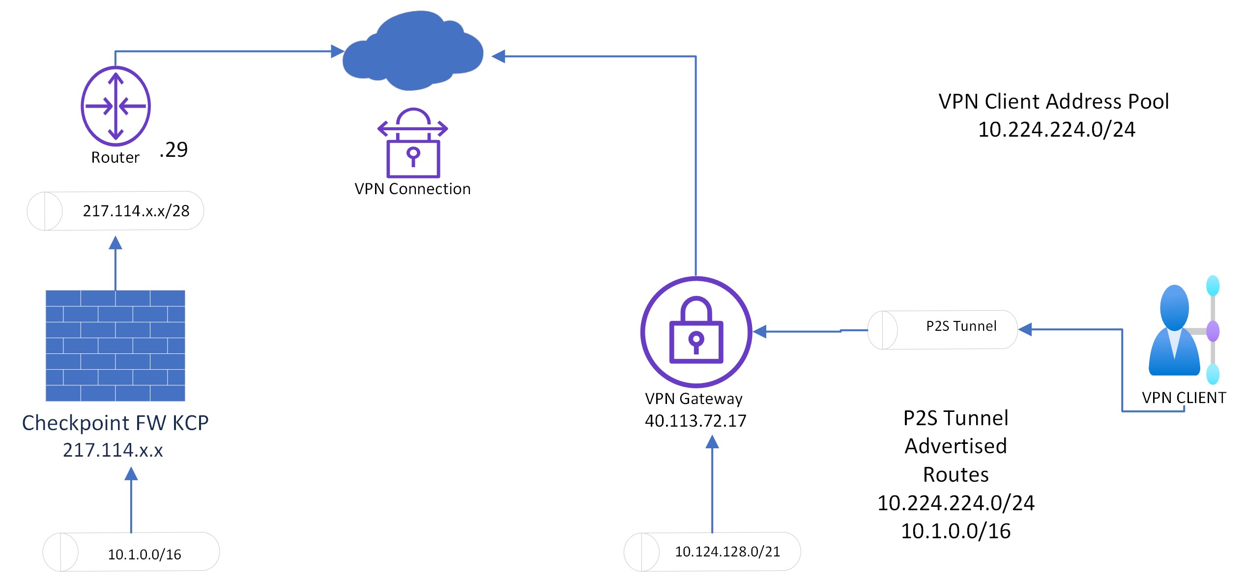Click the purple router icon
click(x=116, y=106)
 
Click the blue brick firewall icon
click(x=116, y=346)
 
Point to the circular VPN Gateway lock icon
click(x=696, y=332)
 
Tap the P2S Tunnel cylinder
click(x=942, y=329)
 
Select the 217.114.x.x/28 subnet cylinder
click(x=116, y=211)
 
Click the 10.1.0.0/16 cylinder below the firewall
click(x=131, y=552)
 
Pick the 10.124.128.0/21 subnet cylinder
click(x=712, y=552)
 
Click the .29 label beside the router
click(x=174, y=149)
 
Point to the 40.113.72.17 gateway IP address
click(x=695, y=421)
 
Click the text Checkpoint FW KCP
click(x=116, y=423)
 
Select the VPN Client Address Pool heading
click(x=1053, y=101)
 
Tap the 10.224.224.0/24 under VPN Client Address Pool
click(x=1057, y=129)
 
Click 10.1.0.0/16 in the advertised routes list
click(x=955, y=531)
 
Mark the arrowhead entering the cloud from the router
click(x=338, y=51)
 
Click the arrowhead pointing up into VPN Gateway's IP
click(x=712, y=442)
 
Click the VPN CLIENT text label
click(x=1184, y=398)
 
